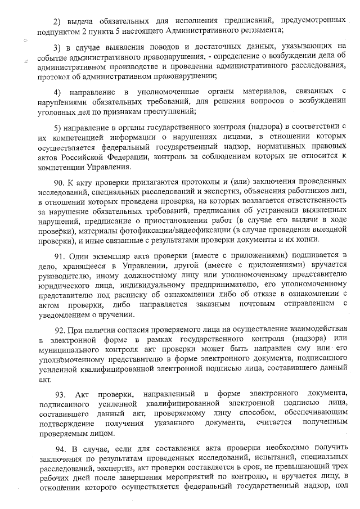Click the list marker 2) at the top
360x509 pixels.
(x=57, y=20)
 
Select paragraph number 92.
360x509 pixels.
(x=60, y=327)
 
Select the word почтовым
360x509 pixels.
(x=251, y=305)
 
